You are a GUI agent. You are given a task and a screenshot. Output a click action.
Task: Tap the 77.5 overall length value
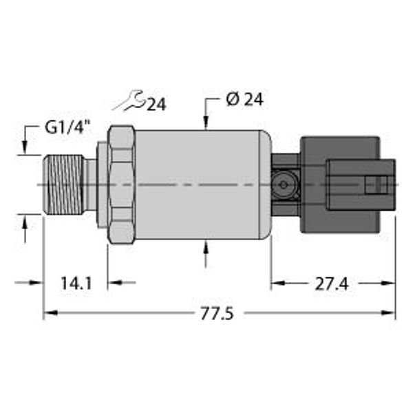[x=218, y=314]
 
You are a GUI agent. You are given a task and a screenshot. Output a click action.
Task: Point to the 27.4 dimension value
[x=332, y=283]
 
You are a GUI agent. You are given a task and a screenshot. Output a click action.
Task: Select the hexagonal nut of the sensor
[x=120, y=184]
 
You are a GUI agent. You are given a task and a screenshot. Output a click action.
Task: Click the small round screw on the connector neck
[x=283, y=184]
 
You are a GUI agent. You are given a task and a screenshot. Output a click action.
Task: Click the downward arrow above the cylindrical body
[x=206, y=120]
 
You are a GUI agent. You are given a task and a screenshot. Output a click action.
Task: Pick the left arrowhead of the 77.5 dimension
[x=49, y=314]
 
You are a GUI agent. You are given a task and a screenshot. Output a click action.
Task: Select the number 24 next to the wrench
[x=157, y=105]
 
